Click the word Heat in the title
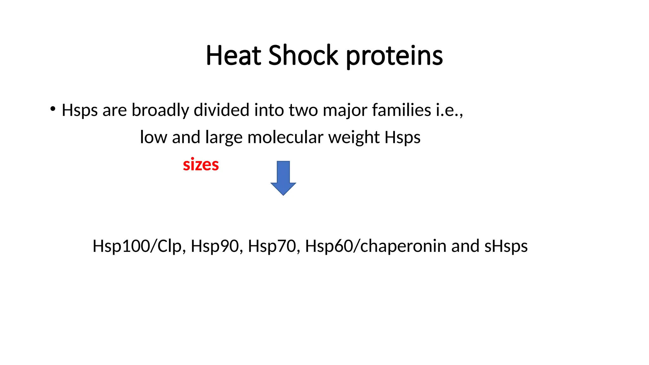point(233,56)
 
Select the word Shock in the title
point(303,56)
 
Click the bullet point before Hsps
point(53,109)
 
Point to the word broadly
point(160,110)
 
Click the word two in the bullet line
point(303,110)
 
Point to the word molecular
point(285,137)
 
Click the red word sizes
point(201,165)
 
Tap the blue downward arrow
point(283,178)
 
